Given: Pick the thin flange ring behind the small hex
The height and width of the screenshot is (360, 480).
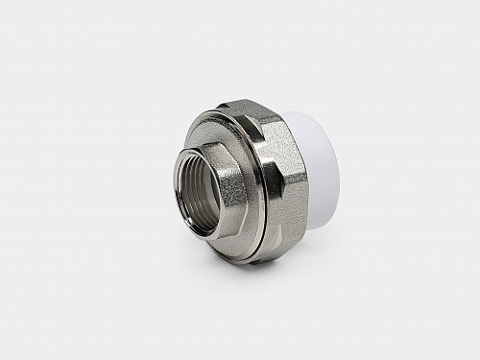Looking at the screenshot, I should tap(252, 192).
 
